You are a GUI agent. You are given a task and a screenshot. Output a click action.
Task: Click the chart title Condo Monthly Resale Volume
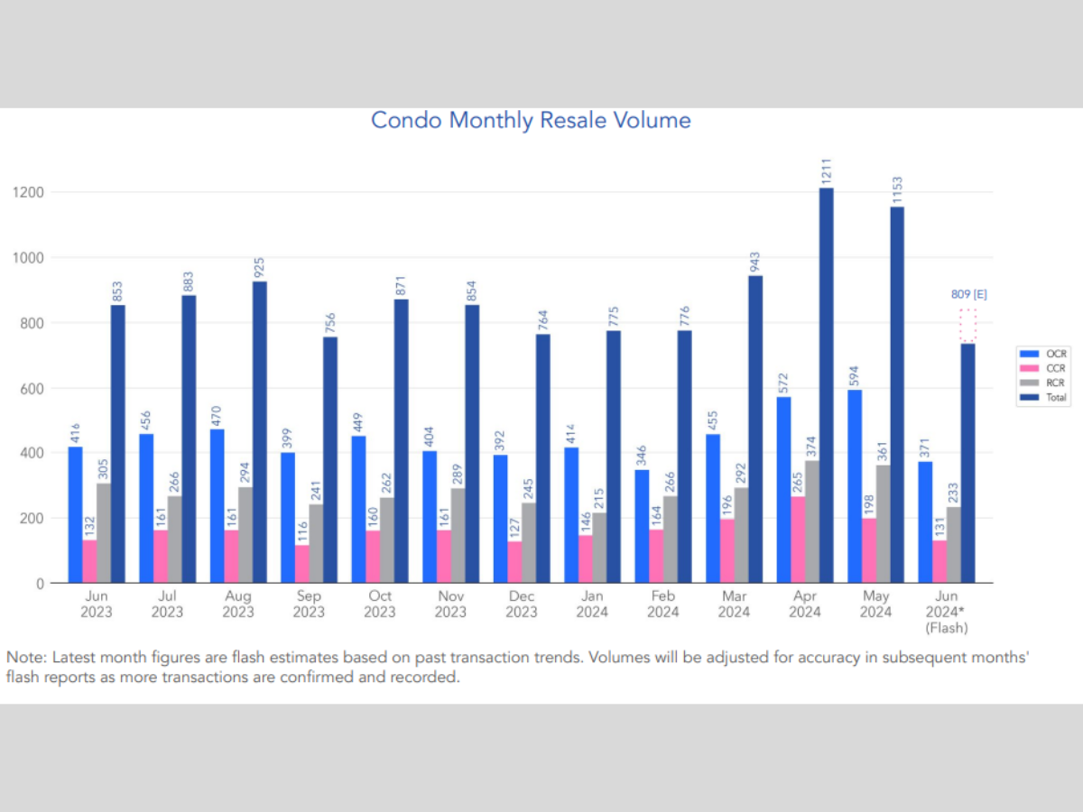[x=531, y=120]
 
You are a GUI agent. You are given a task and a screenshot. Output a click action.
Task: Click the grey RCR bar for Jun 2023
[x=104, y=533]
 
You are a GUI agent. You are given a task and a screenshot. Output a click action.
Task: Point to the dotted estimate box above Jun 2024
[x=967, y=326]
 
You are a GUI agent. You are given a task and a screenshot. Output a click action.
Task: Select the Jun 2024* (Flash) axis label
[x=947, y=612]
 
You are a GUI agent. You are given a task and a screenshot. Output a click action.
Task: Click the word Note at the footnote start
[x=28, y=658]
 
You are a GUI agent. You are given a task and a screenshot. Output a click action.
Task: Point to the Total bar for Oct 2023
[x=401, y=441]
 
